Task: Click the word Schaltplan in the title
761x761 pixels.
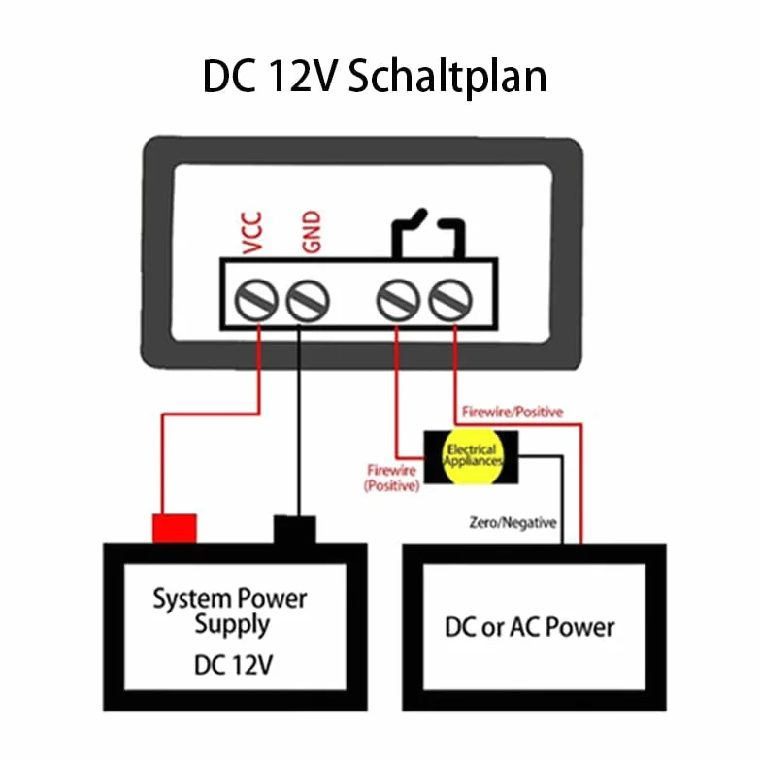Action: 447,78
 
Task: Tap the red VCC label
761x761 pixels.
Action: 252,233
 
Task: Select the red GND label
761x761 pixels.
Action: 311,231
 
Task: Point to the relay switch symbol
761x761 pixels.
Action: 427,233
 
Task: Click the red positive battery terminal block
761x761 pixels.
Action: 175,528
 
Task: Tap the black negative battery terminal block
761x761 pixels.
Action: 295,530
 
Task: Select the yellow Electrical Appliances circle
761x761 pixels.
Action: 472,456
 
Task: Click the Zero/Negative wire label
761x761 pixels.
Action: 513,522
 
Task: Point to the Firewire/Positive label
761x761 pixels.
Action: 513,412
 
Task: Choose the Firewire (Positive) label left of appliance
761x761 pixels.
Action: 392,478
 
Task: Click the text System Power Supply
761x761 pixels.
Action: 230,612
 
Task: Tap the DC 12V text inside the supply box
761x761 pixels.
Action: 233,665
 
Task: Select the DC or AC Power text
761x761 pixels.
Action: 530,627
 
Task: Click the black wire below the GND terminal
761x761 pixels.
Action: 299,422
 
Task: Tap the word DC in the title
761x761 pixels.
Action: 229,76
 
